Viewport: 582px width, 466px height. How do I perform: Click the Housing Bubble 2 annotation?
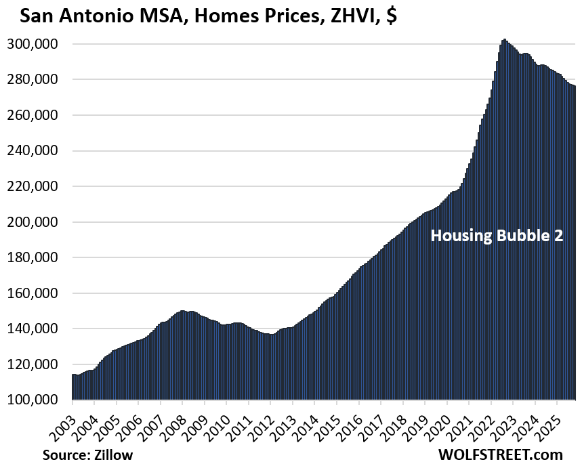point(497,236)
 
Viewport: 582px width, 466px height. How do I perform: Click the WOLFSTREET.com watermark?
point(501,454)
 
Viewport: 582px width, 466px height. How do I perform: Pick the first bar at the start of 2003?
point(73,387)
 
